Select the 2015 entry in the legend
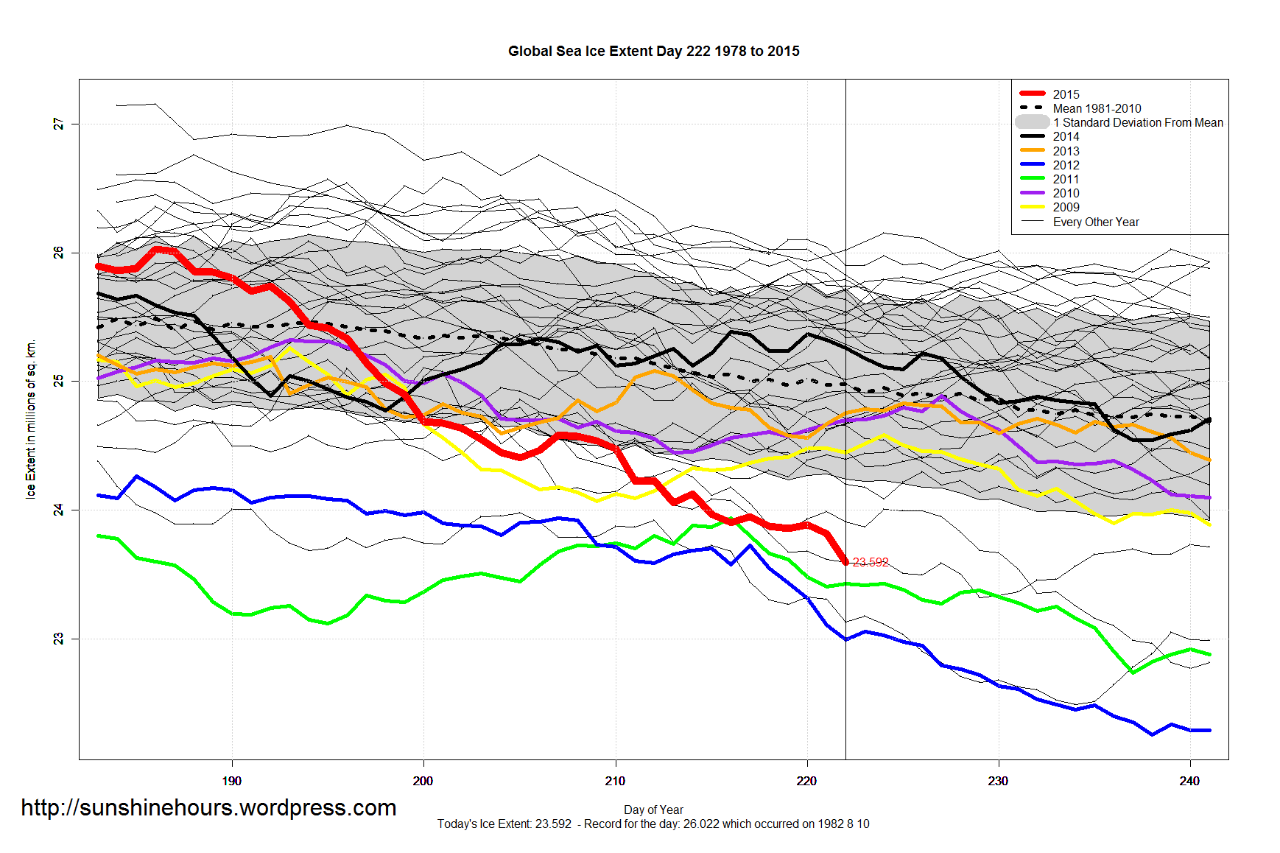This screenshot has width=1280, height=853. tap(1066, 94)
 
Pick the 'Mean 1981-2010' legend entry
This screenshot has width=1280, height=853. tap(1097, 108)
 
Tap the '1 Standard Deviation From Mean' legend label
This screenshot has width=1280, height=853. tap(1138, 122)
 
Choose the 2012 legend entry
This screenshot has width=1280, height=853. tap(1066, 165)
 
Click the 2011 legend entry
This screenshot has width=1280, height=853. tap(1066, 179)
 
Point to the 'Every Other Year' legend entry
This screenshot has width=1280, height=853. tap(1095, 222)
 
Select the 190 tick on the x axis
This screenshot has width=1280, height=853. tap(231, 781)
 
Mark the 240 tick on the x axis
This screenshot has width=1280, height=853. tap(1189, 781)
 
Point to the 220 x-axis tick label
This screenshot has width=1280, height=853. tap(806, 781)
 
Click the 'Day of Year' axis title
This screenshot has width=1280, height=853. tap(653, 810)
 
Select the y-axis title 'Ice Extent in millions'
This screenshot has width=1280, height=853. tap(31, 419)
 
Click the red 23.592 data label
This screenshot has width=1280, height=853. tap(871, 563)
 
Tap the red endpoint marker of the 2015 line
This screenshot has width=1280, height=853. tap(845, 562)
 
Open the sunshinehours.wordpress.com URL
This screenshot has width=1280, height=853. tap(208, 808)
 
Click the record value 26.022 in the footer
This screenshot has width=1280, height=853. tap(700, 824)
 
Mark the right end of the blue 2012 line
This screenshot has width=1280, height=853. tap(1209, 730)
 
